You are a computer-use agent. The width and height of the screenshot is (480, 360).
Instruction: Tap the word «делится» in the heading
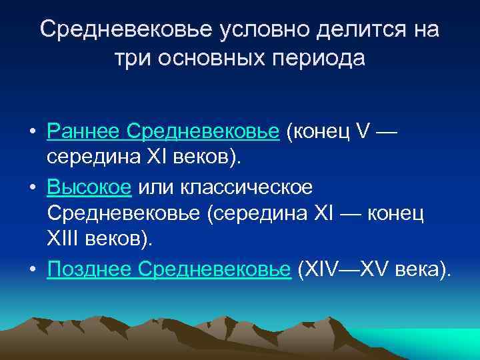point(348,30)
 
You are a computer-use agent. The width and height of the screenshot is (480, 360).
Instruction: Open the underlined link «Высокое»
point(89,187)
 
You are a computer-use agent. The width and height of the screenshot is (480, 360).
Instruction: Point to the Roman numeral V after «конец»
point(362,132)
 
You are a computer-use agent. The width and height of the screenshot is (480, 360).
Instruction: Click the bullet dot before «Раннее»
point(31,133)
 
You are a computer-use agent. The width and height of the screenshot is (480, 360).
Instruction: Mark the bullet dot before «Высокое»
point(31,188)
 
